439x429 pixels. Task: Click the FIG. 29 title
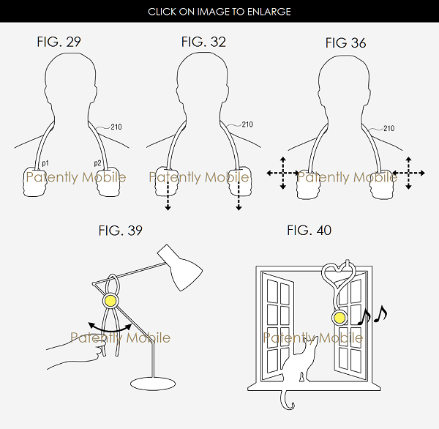(59, 42)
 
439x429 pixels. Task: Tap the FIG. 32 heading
(203, 42)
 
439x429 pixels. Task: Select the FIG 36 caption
(345, 43)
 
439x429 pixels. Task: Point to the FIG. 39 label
(121, 231)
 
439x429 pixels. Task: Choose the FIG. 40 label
(309, 231)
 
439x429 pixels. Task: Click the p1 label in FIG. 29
(45, 163)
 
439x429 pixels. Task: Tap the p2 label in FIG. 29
(97, 163)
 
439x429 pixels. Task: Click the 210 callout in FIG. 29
(116, 127)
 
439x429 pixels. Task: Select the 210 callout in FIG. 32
(247, 124)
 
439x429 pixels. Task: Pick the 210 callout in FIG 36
(389, 129)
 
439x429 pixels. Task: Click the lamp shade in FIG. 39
(181, 267)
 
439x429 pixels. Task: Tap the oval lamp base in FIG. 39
(153, 384)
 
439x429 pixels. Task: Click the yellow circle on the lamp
(110, 301)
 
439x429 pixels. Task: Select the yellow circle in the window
(339, 318)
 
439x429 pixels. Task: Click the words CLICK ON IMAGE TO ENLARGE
(219, 12)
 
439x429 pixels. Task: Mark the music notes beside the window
(373, 315)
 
